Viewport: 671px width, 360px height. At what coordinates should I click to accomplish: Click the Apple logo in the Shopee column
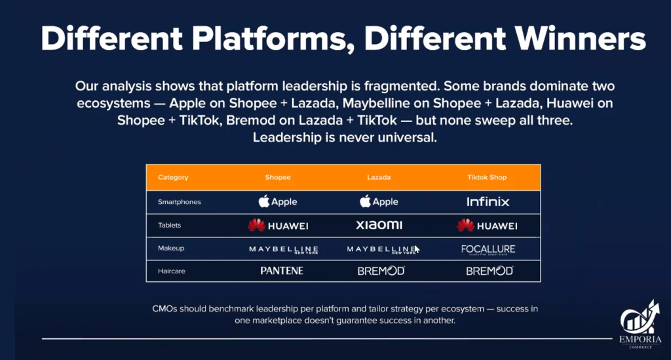tap(277, 201)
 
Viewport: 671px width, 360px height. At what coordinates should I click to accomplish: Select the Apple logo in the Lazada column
tap(379, 201)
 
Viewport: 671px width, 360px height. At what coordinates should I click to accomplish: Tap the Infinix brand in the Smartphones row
tap(488, 201)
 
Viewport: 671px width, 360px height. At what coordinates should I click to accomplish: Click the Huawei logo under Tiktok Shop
tap(488, 226)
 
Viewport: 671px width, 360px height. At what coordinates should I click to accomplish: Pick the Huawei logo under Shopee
tap(278, 226)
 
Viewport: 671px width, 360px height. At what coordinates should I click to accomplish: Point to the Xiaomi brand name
tap(379, 226)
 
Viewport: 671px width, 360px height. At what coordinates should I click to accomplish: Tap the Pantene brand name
tap(281, 271)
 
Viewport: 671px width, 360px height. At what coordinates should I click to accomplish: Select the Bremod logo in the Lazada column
tap(381, 271)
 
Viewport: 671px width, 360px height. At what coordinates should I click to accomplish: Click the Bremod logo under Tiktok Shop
tap(489, 271)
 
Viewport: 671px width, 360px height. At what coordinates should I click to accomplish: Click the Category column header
tap(173, 177)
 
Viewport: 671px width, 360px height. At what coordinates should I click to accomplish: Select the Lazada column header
tap(379, 177)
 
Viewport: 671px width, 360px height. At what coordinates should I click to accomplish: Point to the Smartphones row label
tap(180, 202)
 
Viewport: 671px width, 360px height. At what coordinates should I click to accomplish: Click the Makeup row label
tap(172, 249)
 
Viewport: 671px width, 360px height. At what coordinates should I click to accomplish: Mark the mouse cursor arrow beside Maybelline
tap(417, 249)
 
